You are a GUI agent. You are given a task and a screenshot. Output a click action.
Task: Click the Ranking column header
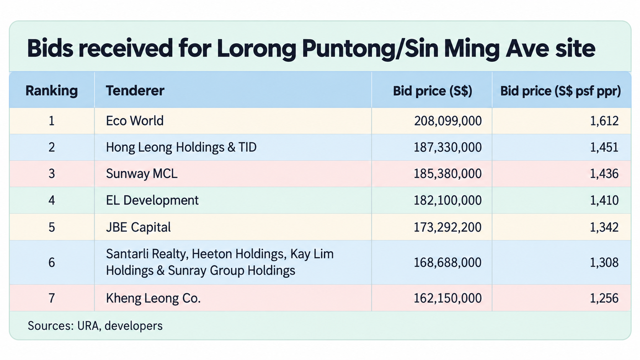tap(52, 91)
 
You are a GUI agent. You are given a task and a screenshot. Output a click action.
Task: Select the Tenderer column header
tap(135, 91)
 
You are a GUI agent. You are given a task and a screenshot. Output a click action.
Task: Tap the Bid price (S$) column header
tap(432, 91)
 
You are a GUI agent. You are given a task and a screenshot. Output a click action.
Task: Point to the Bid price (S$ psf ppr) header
tap(560, 91)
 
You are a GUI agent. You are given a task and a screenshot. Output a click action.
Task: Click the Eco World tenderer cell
tap(135, 121)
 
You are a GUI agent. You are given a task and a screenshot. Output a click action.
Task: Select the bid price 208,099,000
tap(448, 121)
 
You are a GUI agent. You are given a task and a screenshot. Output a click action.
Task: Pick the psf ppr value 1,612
tap(604, 121)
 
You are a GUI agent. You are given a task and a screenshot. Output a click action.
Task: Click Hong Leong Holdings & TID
tap(181, 147)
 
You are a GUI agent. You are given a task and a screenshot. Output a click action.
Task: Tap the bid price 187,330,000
tap(448, 147)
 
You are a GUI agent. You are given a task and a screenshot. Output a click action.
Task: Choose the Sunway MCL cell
tap(142, 174)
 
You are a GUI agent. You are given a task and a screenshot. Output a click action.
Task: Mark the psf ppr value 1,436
tap(604, 174)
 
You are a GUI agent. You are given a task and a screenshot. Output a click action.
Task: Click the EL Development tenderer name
tap(152, 200)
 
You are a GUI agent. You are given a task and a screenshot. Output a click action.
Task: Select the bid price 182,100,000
tap(448, 200)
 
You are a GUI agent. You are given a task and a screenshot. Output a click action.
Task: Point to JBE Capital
tap(138, 227)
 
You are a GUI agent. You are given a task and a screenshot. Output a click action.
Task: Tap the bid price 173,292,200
tap(448, 227)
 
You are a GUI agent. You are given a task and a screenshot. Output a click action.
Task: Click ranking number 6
tap(52, 262)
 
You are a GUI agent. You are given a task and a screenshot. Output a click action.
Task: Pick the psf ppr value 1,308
tap(604, 262)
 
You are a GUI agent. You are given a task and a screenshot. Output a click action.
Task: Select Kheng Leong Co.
tap(153, 298)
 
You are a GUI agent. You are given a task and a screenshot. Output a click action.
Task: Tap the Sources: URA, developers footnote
tap(95, 326)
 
